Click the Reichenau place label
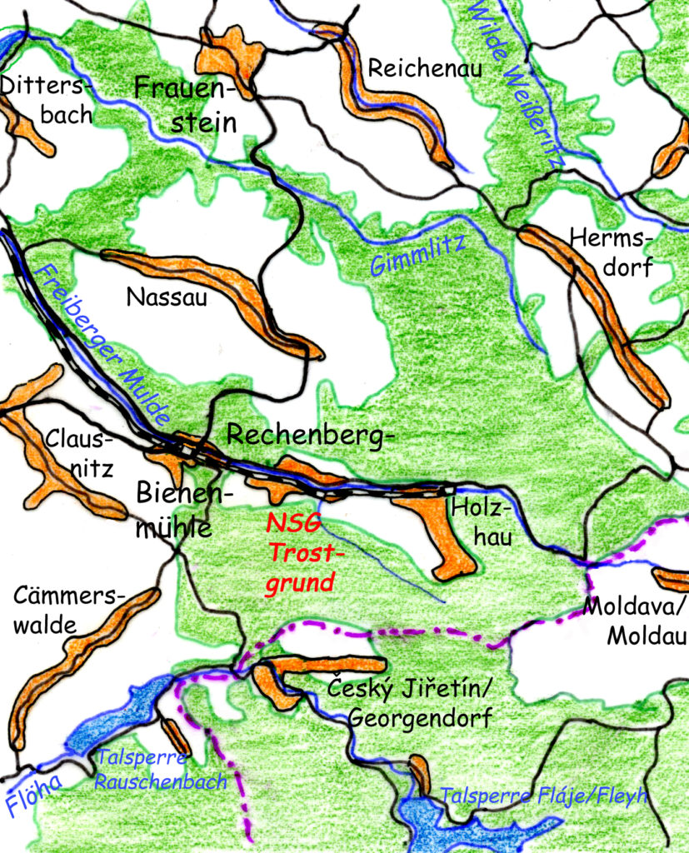[425, 69]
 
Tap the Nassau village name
[166, 297]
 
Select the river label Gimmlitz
[417, 255]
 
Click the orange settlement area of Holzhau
[442, 533]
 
